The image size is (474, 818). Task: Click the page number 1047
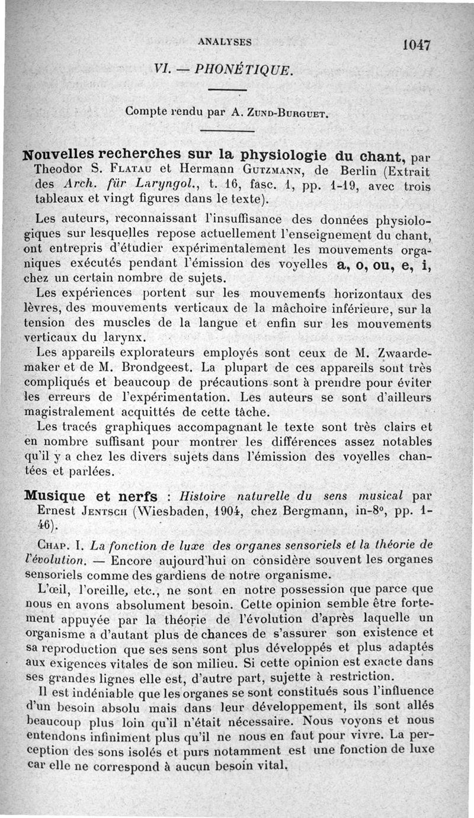point(417,45)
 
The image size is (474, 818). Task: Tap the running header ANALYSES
point(225,42)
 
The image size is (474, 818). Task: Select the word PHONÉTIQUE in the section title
point(258,69)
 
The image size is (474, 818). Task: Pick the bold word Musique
point(55,495)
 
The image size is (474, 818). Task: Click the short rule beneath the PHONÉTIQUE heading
point(227,90)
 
